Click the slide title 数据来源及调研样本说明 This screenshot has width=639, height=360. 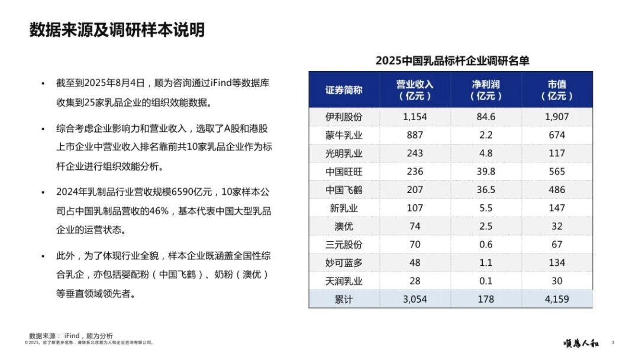click(x=117, y=30)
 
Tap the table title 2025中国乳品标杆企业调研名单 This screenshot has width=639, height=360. click(x=452, y=60)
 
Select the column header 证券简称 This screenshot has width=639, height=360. click(x=344, y=90)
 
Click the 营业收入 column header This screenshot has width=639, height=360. click(x=415, y=90)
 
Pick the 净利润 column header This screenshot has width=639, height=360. click(x=486, y=90)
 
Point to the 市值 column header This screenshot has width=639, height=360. click(x=557, y=90)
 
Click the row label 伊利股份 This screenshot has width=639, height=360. click(x=344, y=117)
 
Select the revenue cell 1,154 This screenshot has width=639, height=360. click(x=415, y=117)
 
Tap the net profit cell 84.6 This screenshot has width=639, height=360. click(x=486, y=117)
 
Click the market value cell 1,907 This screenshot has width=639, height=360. click(x=557, y=117)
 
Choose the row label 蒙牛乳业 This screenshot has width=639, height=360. click(x=344, y=135)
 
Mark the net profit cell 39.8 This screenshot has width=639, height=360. click(x=486, y=172)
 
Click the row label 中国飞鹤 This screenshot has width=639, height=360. click(x=344, y=190)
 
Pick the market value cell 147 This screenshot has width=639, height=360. click(x=557, y=208)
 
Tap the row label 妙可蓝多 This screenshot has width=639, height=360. click(x=344, y=263)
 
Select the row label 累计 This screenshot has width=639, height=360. click(x=344, y=300)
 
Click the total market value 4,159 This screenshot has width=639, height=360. click(x=557, y=300)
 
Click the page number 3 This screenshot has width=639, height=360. click(x=612, y=342)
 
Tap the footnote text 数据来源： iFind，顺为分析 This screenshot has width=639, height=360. click(x=71, y=335)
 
